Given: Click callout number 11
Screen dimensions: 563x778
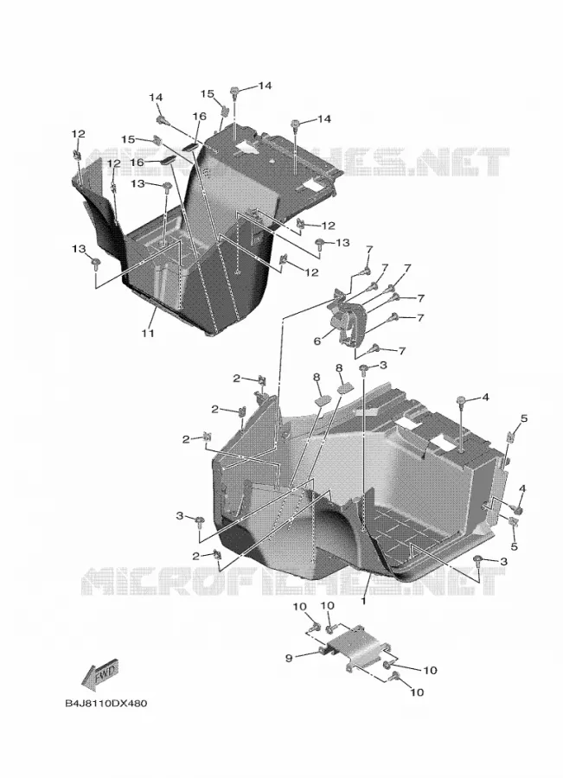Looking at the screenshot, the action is (147, 333).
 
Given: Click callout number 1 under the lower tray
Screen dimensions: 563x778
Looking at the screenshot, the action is (363, 600).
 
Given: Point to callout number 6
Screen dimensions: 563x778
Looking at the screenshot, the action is (317, 341).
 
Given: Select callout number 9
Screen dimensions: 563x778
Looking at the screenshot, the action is (289, 658).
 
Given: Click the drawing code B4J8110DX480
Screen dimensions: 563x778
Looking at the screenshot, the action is (106, 704).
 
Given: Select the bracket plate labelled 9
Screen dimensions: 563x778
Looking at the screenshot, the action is (356, 647).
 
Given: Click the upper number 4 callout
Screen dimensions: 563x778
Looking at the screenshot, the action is (485, 397).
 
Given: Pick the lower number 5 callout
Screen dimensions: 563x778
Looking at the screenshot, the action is (514, 546).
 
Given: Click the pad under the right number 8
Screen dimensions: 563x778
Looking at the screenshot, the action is (344, 388).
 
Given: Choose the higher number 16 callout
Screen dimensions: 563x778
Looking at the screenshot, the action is (199, 116).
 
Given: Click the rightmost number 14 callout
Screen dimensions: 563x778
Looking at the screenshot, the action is (324, 119).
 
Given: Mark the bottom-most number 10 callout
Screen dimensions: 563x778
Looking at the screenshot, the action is (418, 692).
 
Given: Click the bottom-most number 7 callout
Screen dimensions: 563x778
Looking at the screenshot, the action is (401, 351).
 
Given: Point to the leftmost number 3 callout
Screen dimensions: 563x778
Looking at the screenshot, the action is (180, 515).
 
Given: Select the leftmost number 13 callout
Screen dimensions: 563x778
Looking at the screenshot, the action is (79, 248).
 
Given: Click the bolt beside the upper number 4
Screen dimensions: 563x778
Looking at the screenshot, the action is (460, 401).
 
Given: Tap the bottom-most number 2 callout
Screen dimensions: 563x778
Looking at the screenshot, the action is (197, 556).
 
